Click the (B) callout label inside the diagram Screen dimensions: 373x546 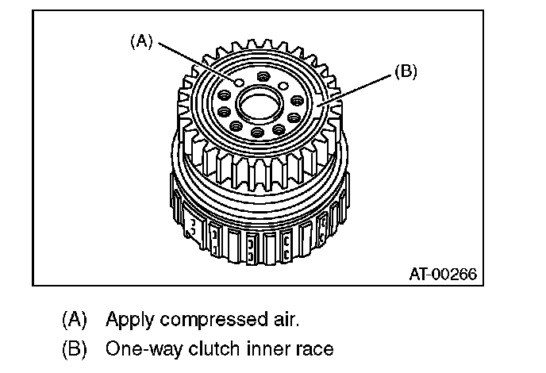(405, 72)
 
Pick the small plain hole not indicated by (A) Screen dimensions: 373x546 (283, 86)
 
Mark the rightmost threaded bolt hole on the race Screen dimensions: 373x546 (296, 101)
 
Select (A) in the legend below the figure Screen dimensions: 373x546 (75, 321)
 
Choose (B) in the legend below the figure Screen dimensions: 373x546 (75, 348)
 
